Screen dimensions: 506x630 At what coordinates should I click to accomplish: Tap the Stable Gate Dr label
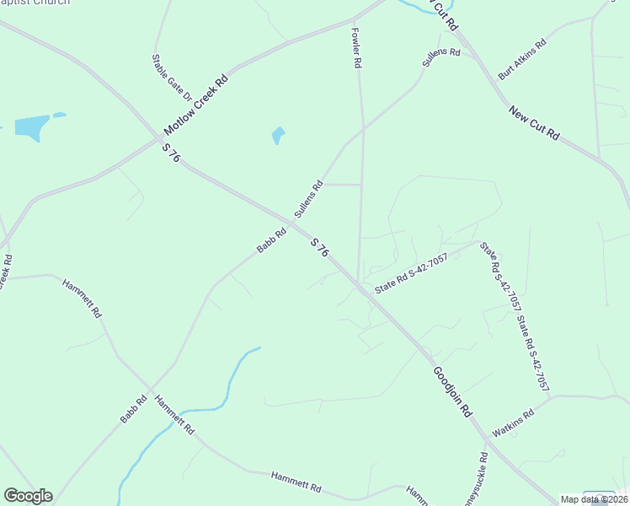tap(160, 77)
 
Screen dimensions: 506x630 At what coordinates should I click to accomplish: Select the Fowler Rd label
tap(356, 47)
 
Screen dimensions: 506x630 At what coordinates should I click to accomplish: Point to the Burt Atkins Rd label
tap(522, 58)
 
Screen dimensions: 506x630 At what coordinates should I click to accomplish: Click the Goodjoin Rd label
tap(453, 390)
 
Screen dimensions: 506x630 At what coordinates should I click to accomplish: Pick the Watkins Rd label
tap(514, 423)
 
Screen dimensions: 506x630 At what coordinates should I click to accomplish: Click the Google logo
tap(28, 496)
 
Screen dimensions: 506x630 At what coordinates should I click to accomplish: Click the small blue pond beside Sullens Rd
tap(278, 135)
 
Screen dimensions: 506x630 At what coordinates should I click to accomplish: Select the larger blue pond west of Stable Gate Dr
tap(31, 127)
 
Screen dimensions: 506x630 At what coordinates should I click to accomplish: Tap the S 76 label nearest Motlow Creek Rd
tap(171, 153)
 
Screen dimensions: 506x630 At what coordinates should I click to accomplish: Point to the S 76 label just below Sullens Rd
tap(318, 248)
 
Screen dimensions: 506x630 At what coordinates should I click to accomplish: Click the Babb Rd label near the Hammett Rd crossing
tap(133, 408)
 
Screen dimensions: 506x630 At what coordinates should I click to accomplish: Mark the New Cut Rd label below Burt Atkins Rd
tap(534, 122)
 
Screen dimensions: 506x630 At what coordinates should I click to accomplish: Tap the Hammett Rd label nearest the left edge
tap(83, 296)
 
